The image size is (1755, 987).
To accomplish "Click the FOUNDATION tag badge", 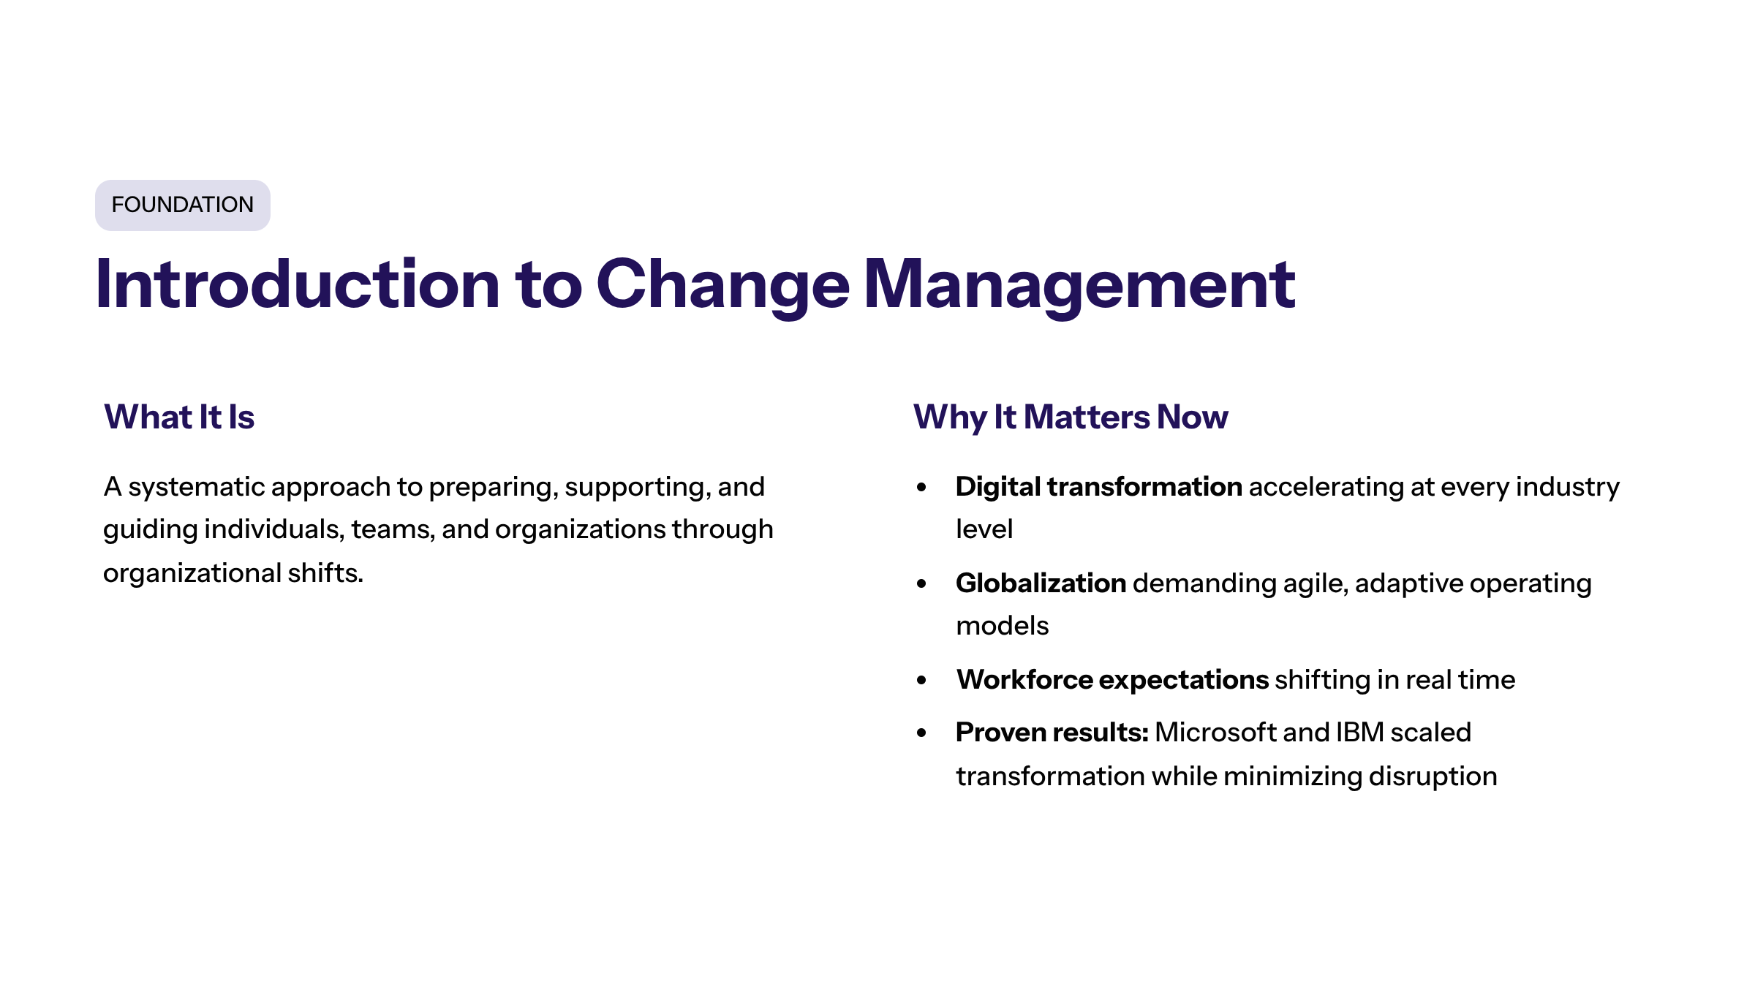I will click(x=183, y=205).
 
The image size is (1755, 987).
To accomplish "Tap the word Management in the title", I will click(x=1079, y=285).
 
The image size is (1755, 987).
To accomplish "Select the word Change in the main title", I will click(x=722, y=285).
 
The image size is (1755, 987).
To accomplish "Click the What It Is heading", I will click(x=179, y=417).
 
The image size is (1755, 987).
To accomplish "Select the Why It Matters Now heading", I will click(x=1071, y=417).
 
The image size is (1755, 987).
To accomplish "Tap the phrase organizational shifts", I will click(x=233, y=573).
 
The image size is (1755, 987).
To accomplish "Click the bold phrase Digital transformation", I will click(x=1098, y=487).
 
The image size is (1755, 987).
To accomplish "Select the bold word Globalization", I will click(x=1041, y=583).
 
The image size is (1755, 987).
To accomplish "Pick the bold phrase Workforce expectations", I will click(x=1111, y=680).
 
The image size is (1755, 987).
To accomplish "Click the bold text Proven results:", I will click(x=1052, y=733).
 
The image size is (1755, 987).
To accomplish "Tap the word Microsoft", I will click(x=1215, y=733).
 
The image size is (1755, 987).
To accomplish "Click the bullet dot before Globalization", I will click(x=921, y=583).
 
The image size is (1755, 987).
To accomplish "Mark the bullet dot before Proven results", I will click(x=921, y=733).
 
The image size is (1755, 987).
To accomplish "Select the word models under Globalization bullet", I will click(x=1002, y=627).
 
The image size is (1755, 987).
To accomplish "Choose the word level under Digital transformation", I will click(x=984, y=529).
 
